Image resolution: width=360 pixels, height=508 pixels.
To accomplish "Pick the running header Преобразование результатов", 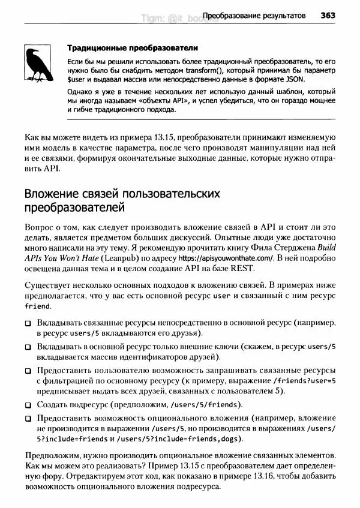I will point(254,14).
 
